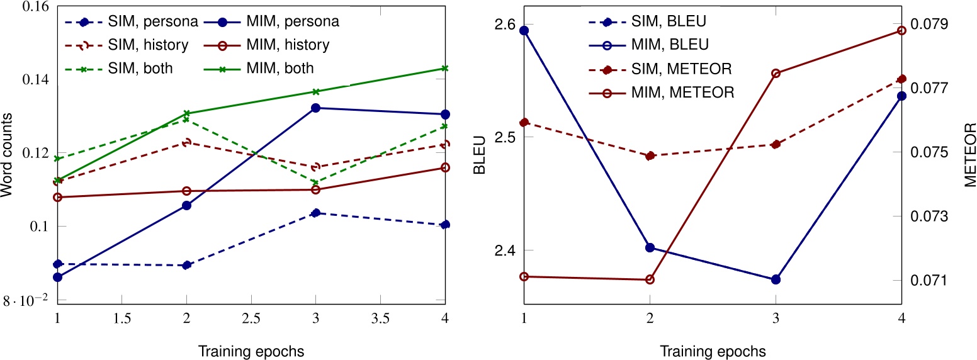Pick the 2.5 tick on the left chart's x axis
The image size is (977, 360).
point(251,320)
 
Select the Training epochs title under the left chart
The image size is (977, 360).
point(251,351)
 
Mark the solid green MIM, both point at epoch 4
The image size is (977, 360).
point(445,68)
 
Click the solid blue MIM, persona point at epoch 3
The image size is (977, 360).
point(316,108)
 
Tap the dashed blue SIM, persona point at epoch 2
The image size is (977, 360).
point(186,265)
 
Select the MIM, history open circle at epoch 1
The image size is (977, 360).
point(57,198)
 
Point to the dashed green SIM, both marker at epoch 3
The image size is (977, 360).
point(316,183)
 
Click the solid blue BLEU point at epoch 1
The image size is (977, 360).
point(524,30)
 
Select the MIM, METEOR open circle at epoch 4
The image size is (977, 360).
point(901,30)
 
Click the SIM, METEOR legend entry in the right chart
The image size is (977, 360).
point(679,69)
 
